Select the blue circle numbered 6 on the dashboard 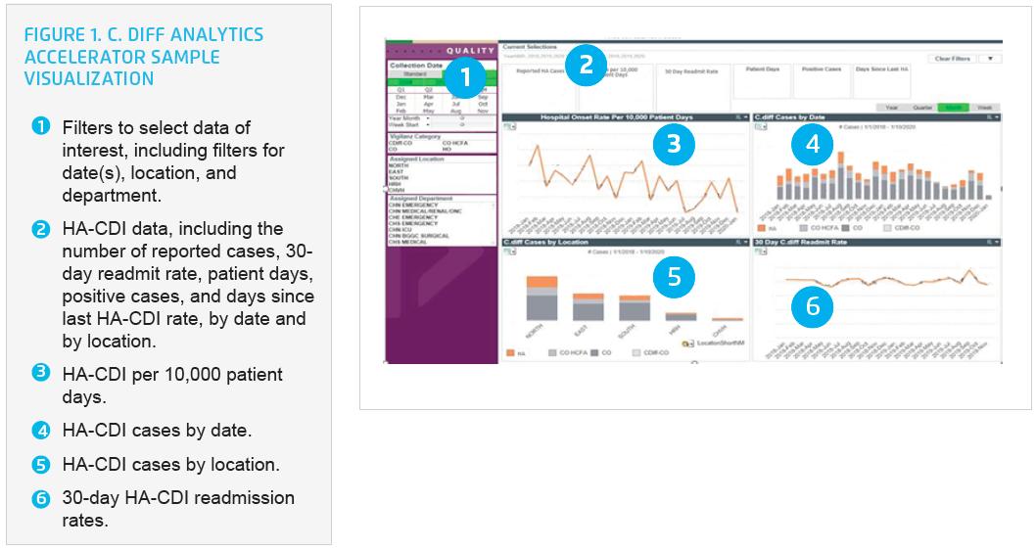pyautogui.click(x=812, y=306)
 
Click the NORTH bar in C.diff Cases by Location pyautogui.click(x=535, y=299)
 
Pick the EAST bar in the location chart pyautogui.click(x=588, y=306)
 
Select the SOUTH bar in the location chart pyautogui.click(x=635, y=308)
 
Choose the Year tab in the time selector pyautogui.click(x=892, y=107)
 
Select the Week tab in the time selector pyautogui.click(x=982, y=107)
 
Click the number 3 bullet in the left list pyautogui.click(x=40, y=372)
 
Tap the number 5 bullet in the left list pyautogui.click(x=40, y=463)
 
